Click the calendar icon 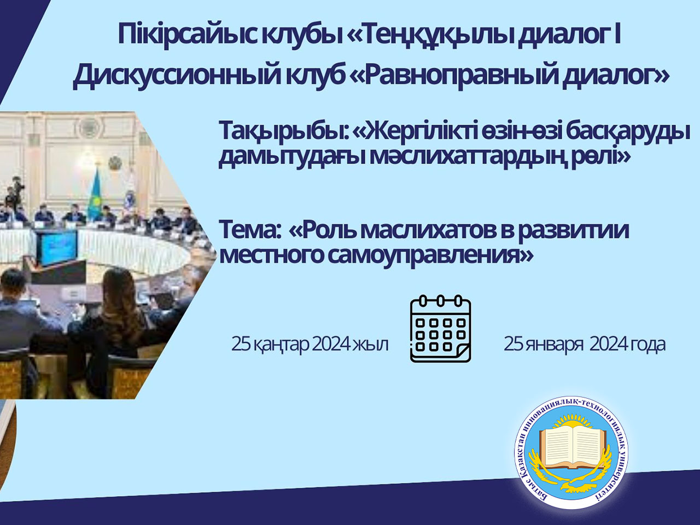[440, 329]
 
